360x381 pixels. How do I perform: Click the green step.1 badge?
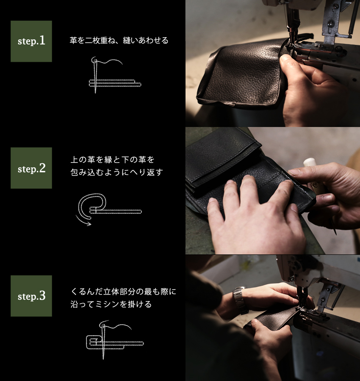tap(31, 41)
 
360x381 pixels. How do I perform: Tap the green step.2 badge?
tap(31, 168)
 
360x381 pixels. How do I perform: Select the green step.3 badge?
tap(31, 295)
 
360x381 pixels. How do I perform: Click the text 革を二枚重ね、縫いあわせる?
tap(119, 41)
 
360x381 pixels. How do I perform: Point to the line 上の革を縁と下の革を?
tap(113, 160)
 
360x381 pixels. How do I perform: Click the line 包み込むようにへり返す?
tap(116, 173)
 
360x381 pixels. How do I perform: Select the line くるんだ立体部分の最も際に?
tap(123, 292)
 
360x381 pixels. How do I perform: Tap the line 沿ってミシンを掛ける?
tap(111, 304)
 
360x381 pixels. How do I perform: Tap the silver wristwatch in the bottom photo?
tap(240, 299)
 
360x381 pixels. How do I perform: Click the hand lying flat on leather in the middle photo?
tap(254, 212)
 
